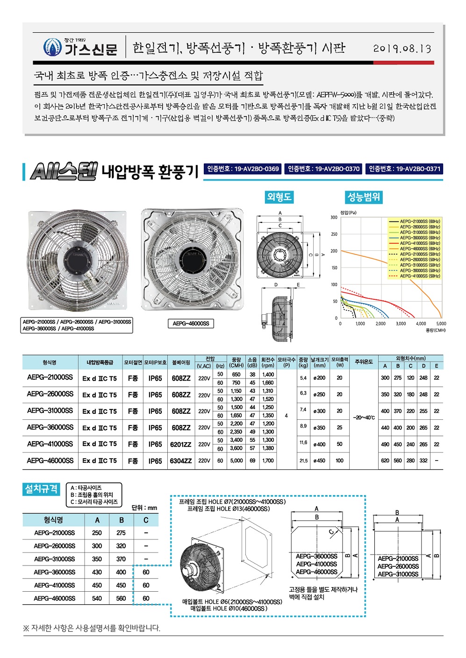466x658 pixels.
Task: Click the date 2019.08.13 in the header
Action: [402, 49]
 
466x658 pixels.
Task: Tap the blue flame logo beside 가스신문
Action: [52, 47]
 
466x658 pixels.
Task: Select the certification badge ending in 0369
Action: [243, 169]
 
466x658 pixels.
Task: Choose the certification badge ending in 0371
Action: [404, 169]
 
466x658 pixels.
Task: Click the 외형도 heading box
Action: [279, 197]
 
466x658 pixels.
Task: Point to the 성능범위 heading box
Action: [364, 197]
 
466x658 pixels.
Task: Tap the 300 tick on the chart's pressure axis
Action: [334, 218]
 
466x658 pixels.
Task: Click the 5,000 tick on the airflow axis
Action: [441, 324]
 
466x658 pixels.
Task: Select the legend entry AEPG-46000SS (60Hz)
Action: [419, 248]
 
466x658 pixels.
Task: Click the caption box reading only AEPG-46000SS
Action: [191, 324]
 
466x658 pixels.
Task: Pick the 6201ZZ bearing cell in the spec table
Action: [181, 445]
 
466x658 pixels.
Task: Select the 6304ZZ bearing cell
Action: [181, 461]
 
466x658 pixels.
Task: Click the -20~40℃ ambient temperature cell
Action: [364, 417]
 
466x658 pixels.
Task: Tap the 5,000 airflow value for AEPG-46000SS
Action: [237, 460]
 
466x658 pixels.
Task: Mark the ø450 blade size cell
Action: [319, 460]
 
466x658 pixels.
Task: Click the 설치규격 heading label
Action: [41, 489]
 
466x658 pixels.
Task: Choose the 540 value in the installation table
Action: [97, 598]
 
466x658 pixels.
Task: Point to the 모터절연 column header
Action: [133, 362]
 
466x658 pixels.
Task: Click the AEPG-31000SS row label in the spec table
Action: [50, 411]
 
